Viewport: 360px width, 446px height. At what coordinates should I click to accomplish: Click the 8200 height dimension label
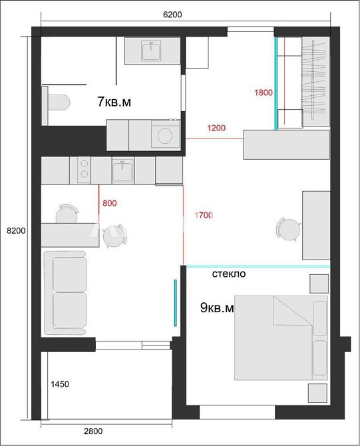(15, 230)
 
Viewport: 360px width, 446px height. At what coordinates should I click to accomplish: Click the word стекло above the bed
(229, 274)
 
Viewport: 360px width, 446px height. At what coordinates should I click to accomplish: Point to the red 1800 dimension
(264, 93)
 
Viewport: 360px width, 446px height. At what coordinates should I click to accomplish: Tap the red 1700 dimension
(204, 214)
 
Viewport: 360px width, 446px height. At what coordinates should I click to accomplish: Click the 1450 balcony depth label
(60, 384)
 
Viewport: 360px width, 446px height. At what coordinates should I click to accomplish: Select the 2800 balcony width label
(92, 431)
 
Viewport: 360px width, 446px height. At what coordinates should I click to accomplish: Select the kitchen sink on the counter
(122, 170)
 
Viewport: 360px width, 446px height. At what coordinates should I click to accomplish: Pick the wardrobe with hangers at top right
(316, 81)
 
